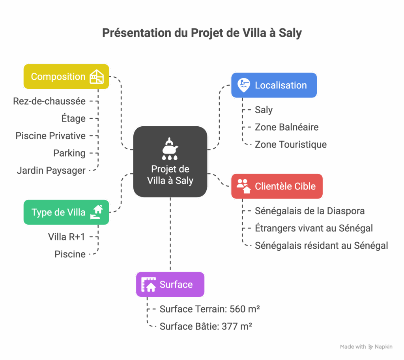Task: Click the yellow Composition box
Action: click(66, 77)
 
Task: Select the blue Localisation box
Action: click(274, 85)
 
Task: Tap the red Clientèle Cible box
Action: click(277, 186)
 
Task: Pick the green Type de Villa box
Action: click(66, 212)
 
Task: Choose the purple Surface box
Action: click(170, 284)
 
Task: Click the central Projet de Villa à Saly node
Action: click(170, 161)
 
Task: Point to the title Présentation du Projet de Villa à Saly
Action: click(202, 33)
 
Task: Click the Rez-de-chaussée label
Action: click(49, 101)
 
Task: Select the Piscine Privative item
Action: click(50, 136)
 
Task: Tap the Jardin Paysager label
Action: click(51, 171)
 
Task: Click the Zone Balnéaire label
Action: click(286, 127)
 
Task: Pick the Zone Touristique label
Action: click(290, 144)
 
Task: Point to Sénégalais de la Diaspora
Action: click(309, 211)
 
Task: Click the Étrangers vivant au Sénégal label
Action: click(314, 228)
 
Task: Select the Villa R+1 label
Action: click(67, 237)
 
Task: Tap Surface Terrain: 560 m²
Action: click(209, 309)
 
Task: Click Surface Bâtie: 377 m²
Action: click(206, 326)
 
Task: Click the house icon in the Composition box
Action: click(97, 77)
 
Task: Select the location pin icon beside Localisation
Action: click(244, 85)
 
